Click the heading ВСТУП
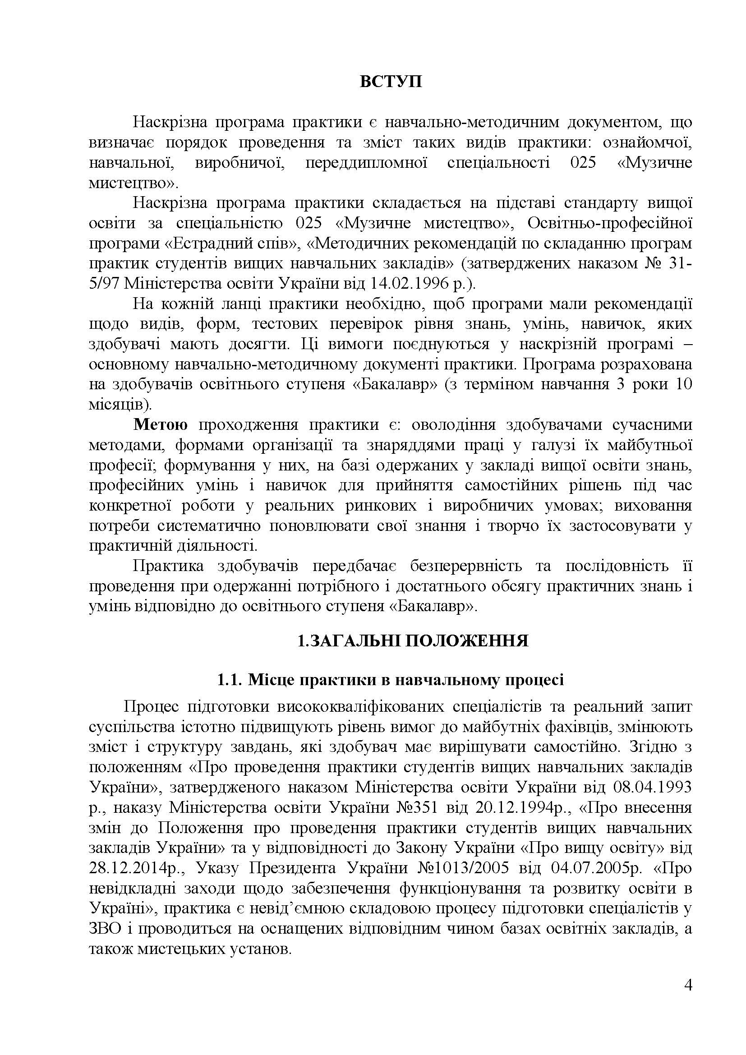(x=391, y=82)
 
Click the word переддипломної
(x=367, y=163)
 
